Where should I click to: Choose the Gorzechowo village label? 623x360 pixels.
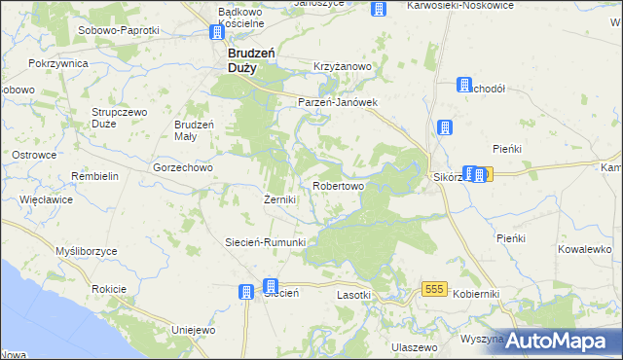pyautogui.click(x=183, y=166)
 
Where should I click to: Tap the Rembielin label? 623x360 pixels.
pyautogui.click(x=94, y=176)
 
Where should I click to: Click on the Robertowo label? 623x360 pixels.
pyautogui.click(x=338, y=185)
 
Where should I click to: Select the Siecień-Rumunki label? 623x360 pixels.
pyautogui.click(x=266, y=242)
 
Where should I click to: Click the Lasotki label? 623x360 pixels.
pyautogui.click(x=354, y=295)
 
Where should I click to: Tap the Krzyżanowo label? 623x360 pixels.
pyautogui.click(x=343, y=66)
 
